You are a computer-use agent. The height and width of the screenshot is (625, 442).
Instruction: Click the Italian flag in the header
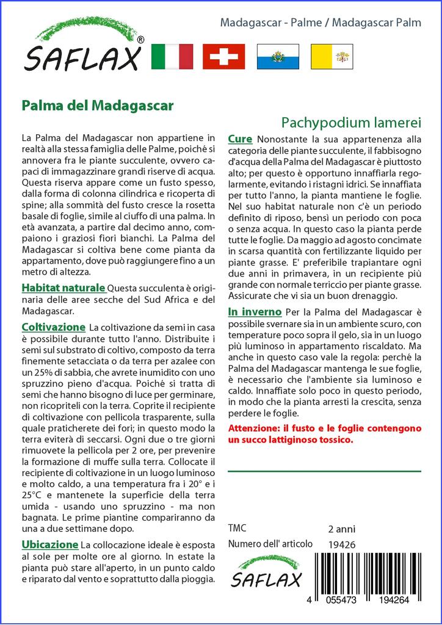point(172,57)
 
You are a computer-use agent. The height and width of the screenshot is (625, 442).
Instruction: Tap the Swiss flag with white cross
point(223,57)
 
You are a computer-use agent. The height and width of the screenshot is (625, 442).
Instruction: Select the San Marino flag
point(277,57)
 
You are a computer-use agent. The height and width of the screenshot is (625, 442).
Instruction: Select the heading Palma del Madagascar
point(97,105)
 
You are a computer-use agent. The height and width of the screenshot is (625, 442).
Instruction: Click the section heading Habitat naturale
point(63,287)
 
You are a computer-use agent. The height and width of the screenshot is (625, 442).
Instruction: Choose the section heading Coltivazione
point(53,327)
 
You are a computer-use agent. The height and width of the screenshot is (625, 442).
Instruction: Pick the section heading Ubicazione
point(49,544)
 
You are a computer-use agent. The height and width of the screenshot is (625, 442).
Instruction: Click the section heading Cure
point(240,139)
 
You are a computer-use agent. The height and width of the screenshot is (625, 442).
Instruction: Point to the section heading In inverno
point(254,312)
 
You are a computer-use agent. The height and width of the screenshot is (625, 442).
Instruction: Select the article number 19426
point(341,544)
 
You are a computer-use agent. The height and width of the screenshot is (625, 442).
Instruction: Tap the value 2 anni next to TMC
point(341,529)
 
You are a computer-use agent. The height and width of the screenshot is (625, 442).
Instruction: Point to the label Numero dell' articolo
point(270,544)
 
